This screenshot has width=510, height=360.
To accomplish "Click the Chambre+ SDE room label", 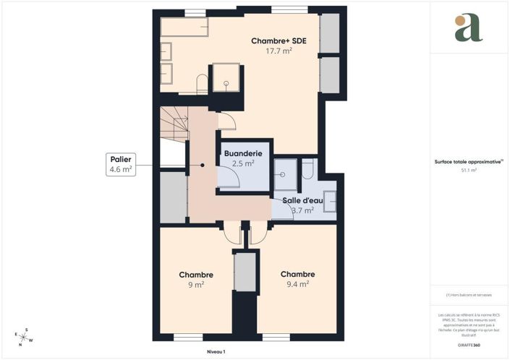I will (x=279, y=41).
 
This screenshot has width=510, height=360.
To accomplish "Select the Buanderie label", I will (x=243, y=154).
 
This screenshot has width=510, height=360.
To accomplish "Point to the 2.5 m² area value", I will (x=243, y=164).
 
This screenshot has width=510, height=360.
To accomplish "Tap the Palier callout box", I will (x=120, y=164).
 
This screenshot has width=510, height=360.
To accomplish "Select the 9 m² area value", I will (x=196, y=284).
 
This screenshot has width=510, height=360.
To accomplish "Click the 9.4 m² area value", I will (x=297, y=284).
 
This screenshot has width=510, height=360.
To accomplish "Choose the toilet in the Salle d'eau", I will (x=307, y=169).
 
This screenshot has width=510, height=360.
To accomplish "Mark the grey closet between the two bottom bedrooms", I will (x=245, y=272).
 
